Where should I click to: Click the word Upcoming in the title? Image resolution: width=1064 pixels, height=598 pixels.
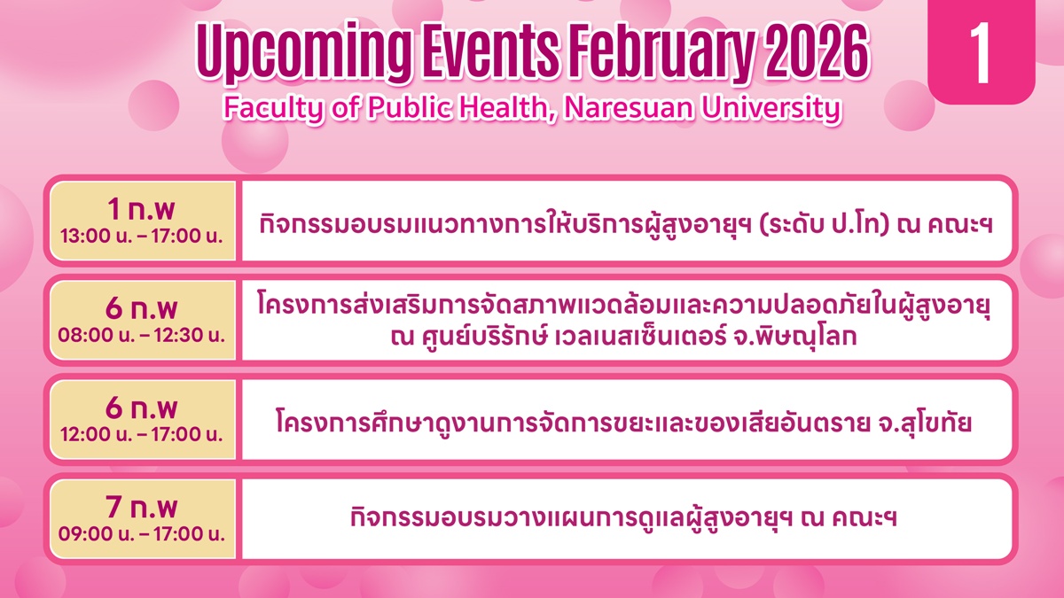tap(304, 53)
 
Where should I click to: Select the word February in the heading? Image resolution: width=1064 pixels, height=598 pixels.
tap(661, 52)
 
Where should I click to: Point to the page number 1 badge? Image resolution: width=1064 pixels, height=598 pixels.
tap(982, 51)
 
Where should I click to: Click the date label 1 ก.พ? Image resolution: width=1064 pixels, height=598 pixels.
tap(142, 209)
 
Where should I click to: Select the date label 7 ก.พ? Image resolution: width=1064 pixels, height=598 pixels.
tap(142, 507)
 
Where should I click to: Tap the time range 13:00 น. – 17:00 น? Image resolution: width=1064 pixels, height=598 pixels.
tap(142, 236)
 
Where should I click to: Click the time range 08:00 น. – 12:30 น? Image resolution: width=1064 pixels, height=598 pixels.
tap(142, 335)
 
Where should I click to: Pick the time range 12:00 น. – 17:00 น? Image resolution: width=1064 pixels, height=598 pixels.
tap(142, 434)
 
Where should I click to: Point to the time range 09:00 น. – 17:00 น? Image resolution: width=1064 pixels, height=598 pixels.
tap(142, 534)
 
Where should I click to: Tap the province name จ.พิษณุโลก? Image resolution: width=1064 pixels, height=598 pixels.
tap(795, 337)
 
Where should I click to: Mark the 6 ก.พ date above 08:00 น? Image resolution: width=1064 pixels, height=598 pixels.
tap(142, 308)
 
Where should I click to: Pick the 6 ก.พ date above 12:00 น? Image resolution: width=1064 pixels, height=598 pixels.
tap(142, 408)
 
